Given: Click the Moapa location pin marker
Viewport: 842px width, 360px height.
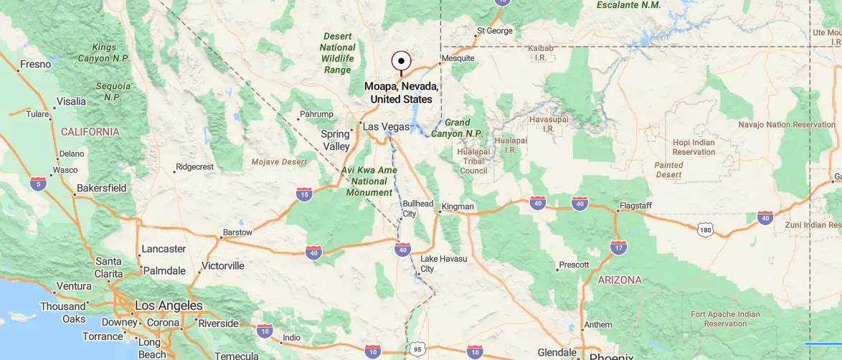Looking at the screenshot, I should point(401,61).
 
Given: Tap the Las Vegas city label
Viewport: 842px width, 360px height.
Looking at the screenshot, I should point(386,127).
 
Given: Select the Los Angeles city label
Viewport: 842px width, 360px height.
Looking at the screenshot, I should point(169,306).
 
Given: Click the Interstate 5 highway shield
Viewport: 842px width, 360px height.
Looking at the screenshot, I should point(39,184).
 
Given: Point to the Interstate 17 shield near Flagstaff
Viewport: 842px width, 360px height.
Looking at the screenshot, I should point(618,247).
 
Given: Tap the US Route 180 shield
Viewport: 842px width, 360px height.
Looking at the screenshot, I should point(706,229).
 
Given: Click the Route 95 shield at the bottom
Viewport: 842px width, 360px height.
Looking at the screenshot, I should point(418,350).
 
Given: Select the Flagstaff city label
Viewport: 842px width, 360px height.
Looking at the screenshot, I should point(635,206).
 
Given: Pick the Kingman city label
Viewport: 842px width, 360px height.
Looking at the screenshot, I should point(458,207).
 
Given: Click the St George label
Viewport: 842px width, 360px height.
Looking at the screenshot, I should point(495,31).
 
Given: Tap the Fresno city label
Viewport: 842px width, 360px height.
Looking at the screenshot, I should point(35,65).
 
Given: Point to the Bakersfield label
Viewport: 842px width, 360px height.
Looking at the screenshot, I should point(101,188).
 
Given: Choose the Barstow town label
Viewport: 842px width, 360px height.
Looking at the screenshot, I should point(238,232).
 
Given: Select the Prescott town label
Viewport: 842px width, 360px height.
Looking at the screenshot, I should point(574,265).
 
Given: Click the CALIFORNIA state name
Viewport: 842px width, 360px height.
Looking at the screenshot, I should point(90,132).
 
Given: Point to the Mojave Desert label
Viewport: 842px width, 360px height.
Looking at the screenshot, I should point(279,162).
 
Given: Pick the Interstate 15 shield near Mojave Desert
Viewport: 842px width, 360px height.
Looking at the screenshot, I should point(304,194).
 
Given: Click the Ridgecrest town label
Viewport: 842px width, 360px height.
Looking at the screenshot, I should point(195,167).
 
